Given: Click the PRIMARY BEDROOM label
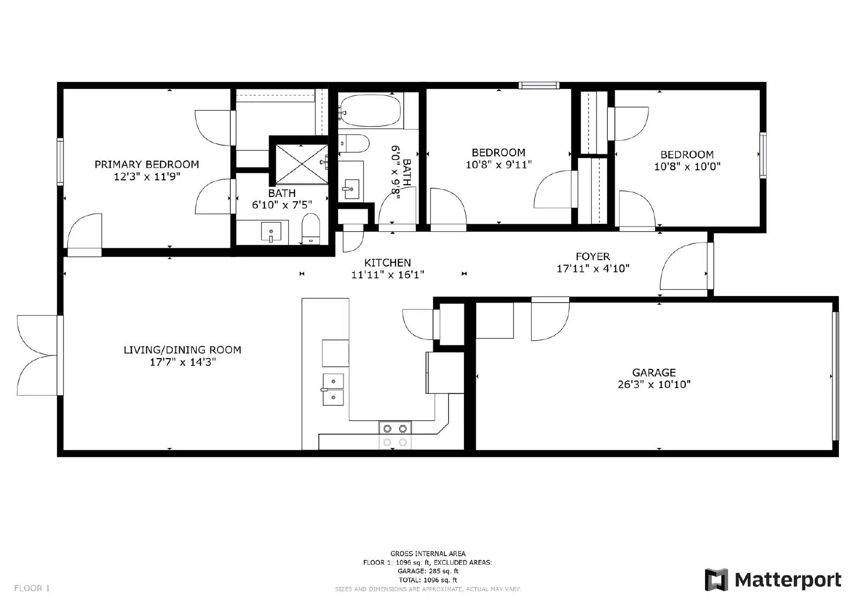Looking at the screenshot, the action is click(147, 164).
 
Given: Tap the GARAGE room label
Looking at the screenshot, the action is click(654, 373).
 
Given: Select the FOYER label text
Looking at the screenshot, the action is click(593, 256).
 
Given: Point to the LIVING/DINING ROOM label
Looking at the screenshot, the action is click(182, 350).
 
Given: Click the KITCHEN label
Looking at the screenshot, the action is click(387, 263).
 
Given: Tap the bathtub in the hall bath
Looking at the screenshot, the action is click(370, 110).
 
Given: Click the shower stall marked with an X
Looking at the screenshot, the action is click(302, 164).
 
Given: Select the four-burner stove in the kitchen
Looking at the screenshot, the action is click(395, 435).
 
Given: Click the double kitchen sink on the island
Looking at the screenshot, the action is click(333, 389).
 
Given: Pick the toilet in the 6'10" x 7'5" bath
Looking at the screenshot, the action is click(311, 229).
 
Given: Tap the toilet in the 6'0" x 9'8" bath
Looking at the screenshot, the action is click(354, 143).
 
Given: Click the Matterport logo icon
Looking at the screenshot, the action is click(716, 580).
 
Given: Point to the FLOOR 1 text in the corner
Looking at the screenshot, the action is click(32, 588).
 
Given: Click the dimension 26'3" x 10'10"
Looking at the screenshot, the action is click(654, 384).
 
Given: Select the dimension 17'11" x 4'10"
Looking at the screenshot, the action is click(593, 268).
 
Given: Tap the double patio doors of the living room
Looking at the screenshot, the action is click(39, 355).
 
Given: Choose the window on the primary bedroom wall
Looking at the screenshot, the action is click(60, 162).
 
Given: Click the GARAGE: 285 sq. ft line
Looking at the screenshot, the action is click(428, 571).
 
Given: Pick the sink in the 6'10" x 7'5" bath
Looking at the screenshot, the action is click(271, 231).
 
